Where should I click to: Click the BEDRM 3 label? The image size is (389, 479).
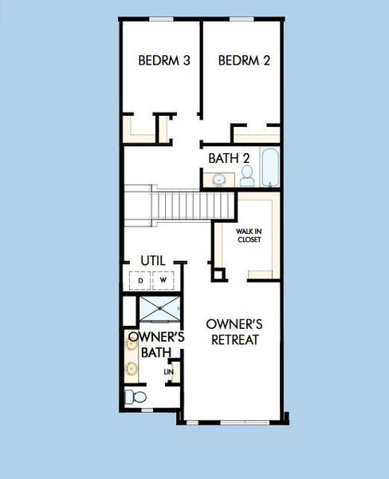163,60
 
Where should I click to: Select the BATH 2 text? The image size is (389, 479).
224,158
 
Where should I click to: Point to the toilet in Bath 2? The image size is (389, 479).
247,173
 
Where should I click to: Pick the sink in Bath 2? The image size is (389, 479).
218,180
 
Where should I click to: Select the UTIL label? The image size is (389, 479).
153,260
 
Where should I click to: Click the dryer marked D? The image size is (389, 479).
140,281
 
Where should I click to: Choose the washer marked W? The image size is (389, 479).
163,281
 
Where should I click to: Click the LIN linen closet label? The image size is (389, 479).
168,372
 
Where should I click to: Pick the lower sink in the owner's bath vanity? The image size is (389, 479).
131,369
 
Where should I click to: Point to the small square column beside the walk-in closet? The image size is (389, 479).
218,274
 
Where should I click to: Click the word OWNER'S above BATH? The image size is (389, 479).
156,337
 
